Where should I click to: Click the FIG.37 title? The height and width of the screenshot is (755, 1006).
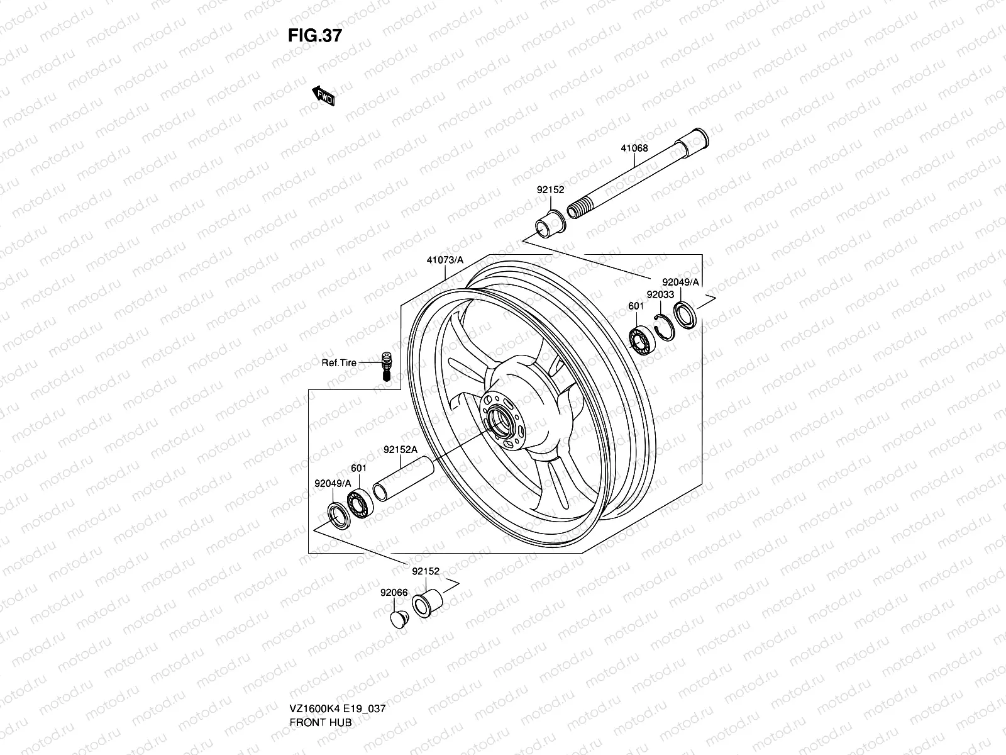click(315, 36)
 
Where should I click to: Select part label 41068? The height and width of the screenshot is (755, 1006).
click(634, 149)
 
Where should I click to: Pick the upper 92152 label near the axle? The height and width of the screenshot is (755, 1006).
click(550, 189)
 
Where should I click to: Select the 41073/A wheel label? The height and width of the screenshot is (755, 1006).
click(445, 259)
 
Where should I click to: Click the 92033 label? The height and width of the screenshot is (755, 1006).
click(660, 294)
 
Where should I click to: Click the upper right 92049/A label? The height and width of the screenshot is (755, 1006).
click(680, 282)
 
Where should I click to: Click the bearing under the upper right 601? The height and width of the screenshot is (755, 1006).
click(643, 340)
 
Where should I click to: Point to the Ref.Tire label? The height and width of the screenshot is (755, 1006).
click(339, 363)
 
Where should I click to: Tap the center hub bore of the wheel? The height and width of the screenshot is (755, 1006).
click(499, 420)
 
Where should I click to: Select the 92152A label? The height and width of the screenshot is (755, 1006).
click(401, 450)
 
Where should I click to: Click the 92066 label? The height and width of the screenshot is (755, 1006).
click(394, 592)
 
